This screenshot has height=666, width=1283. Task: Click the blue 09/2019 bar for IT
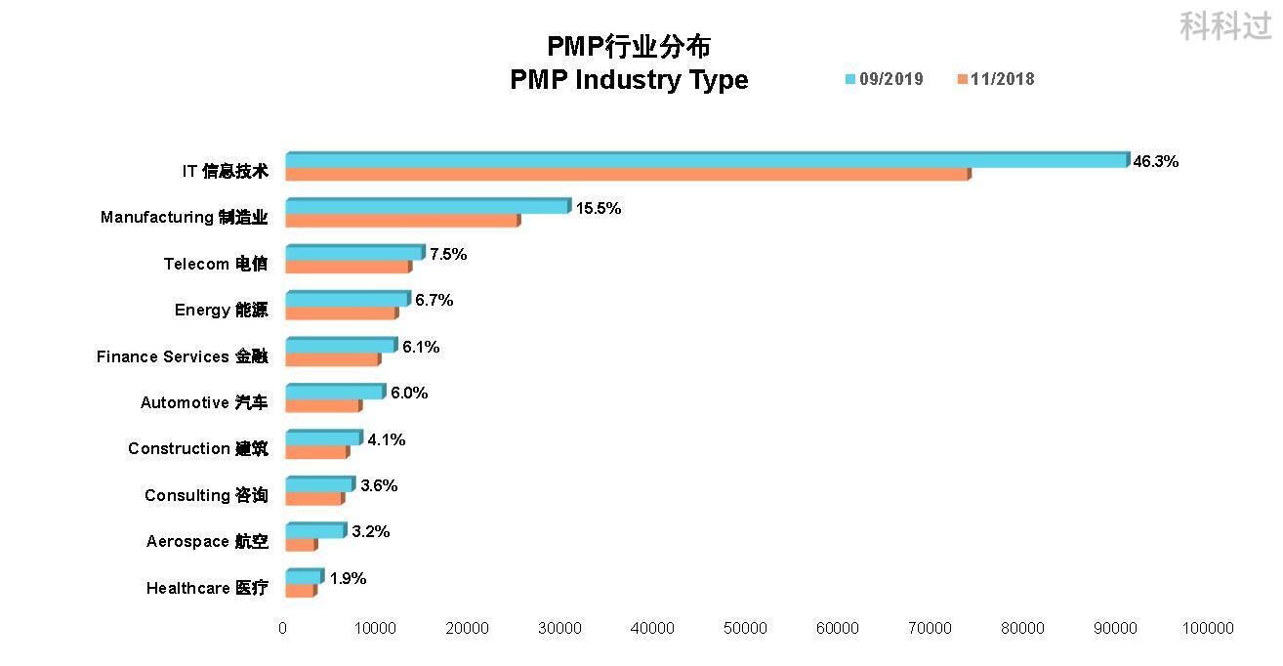706,160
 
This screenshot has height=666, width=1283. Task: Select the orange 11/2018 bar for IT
627,175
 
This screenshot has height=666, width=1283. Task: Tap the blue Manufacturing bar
427,206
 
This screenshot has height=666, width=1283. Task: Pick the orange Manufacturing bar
402,221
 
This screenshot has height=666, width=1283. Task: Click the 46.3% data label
1155,162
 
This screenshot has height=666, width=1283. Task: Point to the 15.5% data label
599,208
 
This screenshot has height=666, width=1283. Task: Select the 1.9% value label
348,578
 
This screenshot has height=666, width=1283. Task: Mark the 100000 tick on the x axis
1208,629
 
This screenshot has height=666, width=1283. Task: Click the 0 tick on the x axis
283,629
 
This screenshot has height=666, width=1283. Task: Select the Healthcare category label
207,588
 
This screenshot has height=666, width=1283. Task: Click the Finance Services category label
182,356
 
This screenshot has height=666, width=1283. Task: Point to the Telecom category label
215,264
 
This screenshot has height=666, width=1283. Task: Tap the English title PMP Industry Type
629,80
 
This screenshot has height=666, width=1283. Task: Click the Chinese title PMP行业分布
629,46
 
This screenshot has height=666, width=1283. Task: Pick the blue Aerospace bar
315,530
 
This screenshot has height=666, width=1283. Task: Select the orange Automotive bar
323,405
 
